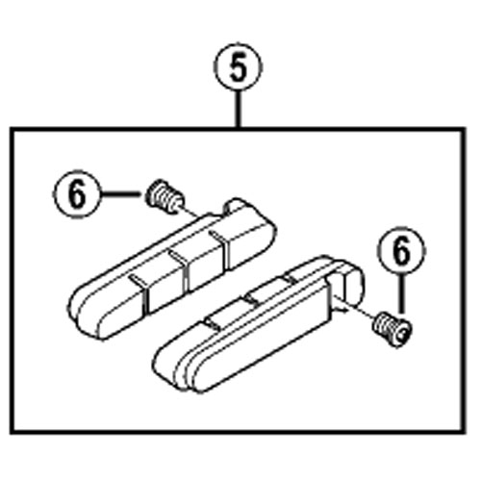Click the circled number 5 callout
pyautogui.click(x=238, y=66)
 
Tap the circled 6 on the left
pyautogui.click(x=77, y=194)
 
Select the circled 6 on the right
pyautogui.click(x=401, y=251)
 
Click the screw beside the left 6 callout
pyautogui.click(x=165, y=196)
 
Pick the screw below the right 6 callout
pyautogui.click(x=392, y=330)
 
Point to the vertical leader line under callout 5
pyautogui.click(x=238, y=110)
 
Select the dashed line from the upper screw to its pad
pyautogui.click(x=191, y=213)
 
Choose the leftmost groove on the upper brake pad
pyautogui.click(x=139, y=291)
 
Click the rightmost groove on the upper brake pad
pyautogui.click(x=220, y=247)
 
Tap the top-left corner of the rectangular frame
pyautogui.click(x=12, y=129)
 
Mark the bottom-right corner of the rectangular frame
pyautogui.click(x=464, y=432)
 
